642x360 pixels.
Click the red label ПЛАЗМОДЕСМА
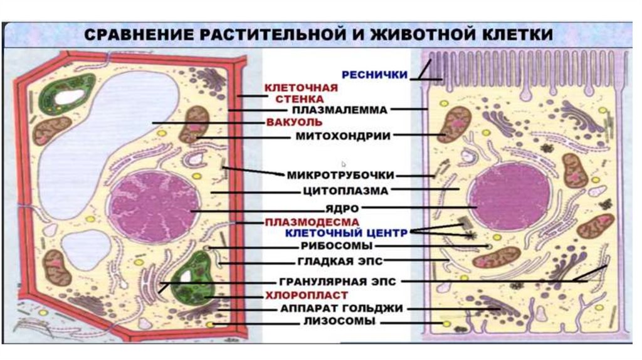click(312, 222)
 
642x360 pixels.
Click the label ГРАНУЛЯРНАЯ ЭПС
click(338, 282)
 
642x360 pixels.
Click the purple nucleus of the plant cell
click(154, 204)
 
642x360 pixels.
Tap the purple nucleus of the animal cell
click(510, 199)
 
